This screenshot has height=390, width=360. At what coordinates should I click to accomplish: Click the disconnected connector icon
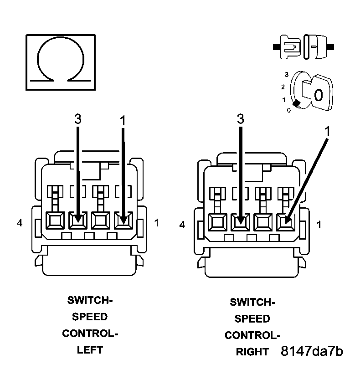[x=303, y=46]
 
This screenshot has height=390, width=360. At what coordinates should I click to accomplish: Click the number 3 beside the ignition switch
[x=286, y=74]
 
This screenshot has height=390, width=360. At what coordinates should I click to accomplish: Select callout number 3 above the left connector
[x=78, y=119]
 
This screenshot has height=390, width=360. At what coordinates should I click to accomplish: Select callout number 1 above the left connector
[x=122, y=120]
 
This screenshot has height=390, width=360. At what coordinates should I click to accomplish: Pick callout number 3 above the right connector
[x=241, y=119]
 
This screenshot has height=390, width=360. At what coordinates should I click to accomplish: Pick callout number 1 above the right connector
[x=326, y=131]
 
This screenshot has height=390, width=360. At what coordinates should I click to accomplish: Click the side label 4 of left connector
[x=19, y=223]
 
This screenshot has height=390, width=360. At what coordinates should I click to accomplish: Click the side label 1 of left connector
[x=157, y=223]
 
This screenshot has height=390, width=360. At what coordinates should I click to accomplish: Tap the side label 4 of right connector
[x=182, y=225]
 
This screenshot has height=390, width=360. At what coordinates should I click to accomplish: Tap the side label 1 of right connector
[x=319, y=225]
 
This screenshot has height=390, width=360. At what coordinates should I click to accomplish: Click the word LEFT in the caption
[x=90, y=350]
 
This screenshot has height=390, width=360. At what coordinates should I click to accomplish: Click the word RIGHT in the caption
[x=252, y=352]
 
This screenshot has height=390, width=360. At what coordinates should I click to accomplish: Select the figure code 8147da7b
[x=312, y=351]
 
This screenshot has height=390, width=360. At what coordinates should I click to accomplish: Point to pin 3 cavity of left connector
[x=77, y=221]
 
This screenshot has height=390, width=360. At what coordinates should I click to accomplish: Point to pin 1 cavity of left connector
[x=123, y=221]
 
